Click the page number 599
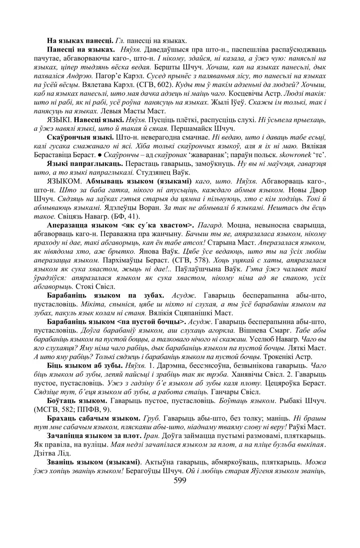(180, 480)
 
